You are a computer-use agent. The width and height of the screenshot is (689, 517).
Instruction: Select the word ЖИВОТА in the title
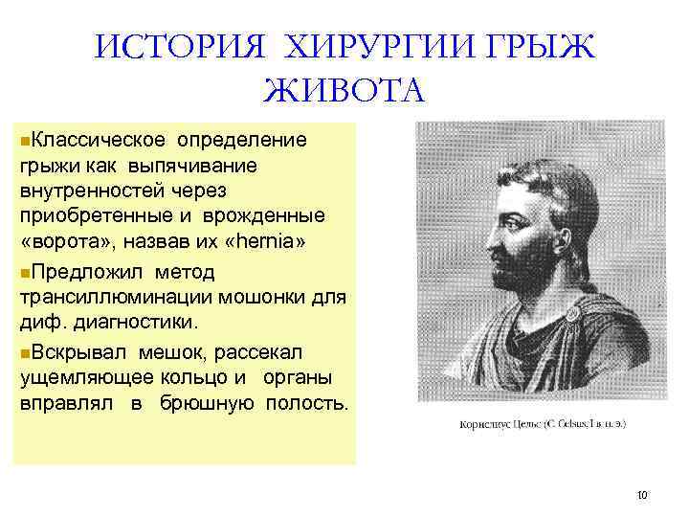pyautogui.click(x=344, y=93)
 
